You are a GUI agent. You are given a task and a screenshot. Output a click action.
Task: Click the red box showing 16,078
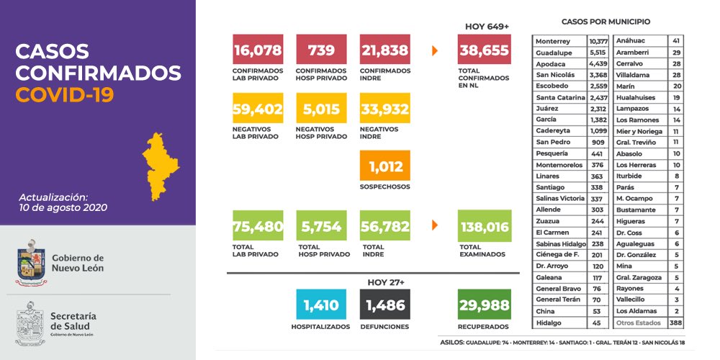click(258, 50)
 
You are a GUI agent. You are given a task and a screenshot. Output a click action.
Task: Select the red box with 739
click(321, 50)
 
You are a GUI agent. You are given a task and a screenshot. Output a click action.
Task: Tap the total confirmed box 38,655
click(485, 50)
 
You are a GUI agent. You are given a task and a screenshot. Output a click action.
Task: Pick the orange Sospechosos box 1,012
click(385, 166)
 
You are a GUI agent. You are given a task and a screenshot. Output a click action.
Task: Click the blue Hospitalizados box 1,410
click(321, 305)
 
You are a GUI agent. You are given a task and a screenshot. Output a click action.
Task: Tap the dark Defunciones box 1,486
click(385, 305)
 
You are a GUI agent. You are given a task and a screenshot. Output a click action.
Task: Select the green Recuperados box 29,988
click(485, 305)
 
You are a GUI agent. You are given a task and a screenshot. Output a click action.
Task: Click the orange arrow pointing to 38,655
click(435, 50)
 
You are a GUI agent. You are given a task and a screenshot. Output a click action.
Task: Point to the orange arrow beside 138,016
click(435, 225)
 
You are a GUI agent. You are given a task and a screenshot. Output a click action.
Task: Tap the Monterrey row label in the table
click(553, 41)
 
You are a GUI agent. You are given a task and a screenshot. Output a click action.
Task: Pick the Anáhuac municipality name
click(630, 41)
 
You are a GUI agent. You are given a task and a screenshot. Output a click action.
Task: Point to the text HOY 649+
click(487, 27)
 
